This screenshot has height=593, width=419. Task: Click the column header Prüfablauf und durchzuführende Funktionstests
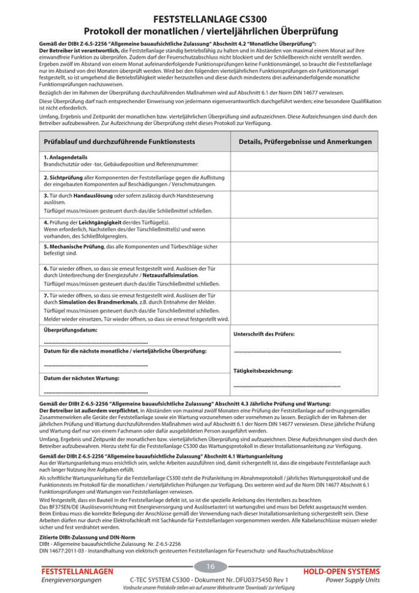(x=118, y=142)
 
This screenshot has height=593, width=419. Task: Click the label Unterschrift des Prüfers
(x=264, y=334)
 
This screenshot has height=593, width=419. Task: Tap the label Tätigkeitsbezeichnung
(x=263, y=371)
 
